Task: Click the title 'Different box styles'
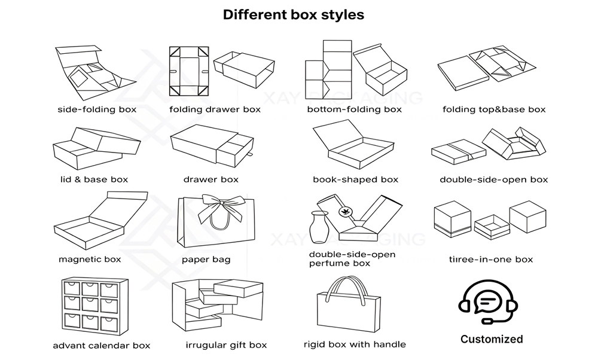[x=293, y=15]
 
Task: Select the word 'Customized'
[x=492, y=339]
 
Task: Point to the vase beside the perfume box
[x=319, y=227]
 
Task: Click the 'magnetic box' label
[x=90, y=260]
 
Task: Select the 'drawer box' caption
[x=211, y=179]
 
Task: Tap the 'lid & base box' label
[x=94, y=179]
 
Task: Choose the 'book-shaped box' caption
[x=355, y=179]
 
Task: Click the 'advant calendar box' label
[x=102, y=346]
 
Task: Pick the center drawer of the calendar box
[x=90, y=304]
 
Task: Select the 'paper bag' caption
[x=206, y=260]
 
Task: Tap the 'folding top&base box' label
[x=494, y=109]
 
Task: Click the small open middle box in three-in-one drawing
[x=492, y=227]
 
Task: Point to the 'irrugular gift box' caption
[x=226, y=346]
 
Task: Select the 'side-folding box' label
[x=97, y=109]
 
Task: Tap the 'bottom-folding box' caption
[x=354, y=109]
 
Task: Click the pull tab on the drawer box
[x=250, y=154]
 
